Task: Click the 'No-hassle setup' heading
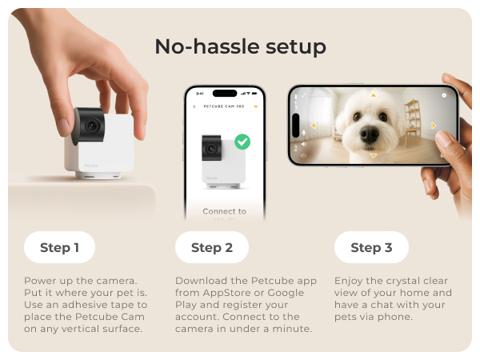241,46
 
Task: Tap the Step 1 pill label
60,247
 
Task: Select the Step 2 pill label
212,247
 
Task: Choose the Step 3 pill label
371,247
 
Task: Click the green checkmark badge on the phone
242,142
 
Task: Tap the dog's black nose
369,134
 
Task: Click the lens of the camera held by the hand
92,126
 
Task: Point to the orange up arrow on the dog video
373,96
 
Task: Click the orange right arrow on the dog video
433,126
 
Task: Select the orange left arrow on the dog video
313,126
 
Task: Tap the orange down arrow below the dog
373,156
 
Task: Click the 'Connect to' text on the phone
224,211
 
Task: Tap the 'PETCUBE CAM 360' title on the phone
224,106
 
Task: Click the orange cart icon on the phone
256,106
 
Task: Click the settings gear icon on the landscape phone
444,95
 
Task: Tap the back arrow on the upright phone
194,106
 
